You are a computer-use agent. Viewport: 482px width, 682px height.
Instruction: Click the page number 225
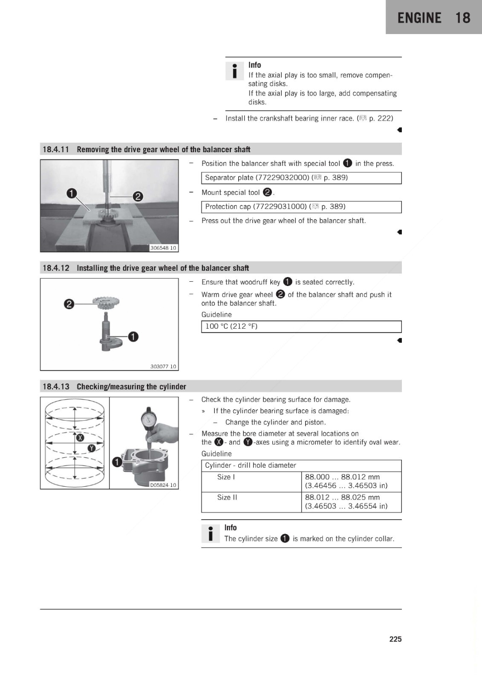395,639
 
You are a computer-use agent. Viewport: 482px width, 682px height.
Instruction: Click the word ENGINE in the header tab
419,17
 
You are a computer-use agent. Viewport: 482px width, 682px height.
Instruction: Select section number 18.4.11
56,150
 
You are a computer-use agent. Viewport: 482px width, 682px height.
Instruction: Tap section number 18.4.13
56,386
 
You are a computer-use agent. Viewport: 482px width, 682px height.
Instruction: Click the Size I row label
226,477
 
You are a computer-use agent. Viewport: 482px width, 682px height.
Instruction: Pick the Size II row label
227,497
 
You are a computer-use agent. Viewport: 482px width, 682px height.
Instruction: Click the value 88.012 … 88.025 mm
342,497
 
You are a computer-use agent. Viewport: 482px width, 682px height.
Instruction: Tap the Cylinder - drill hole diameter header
250,465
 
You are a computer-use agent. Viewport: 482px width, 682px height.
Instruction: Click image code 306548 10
163,248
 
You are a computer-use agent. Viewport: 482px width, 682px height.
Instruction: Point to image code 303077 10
163,367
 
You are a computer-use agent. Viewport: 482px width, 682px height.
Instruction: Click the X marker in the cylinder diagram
80,438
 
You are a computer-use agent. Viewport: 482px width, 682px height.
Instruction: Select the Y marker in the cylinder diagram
92,448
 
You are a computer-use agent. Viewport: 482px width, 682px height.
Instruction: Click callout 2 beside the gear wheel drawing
69,304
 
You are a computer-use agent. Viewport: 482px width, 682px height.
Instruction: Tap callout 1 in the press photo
72,194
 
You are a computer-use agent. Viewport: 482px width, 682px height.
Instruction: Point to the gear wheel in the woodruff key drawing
106,302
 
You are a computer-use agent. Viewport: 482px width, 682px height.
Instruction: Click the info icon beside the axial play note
234,71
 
